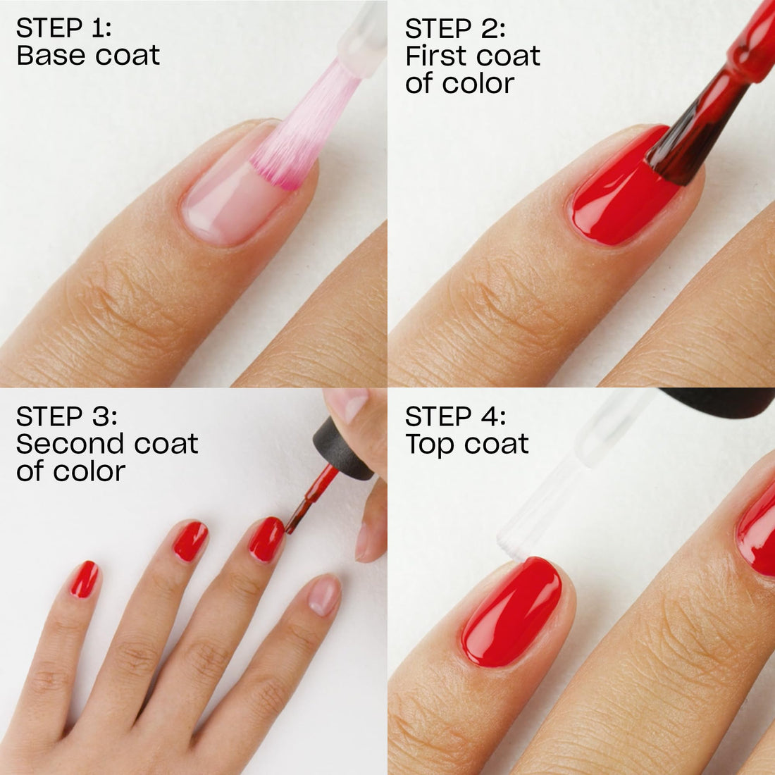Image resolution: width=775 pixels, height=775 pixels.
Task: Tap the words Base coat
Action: [88, 56]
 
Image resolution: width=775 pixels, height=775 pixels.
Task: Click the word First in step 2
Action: [439, 56]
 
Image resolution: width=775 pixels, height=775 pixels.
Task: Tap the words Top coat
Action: [466, 444]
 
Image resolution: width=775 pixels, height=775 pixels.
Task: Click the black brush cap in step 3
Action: [343, 451]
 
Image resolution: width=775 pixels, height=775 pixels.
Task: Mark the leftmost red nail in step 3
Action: [84, 579]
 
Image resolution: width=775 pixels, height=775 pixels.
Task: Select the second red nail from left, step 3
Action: [190, 541]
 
